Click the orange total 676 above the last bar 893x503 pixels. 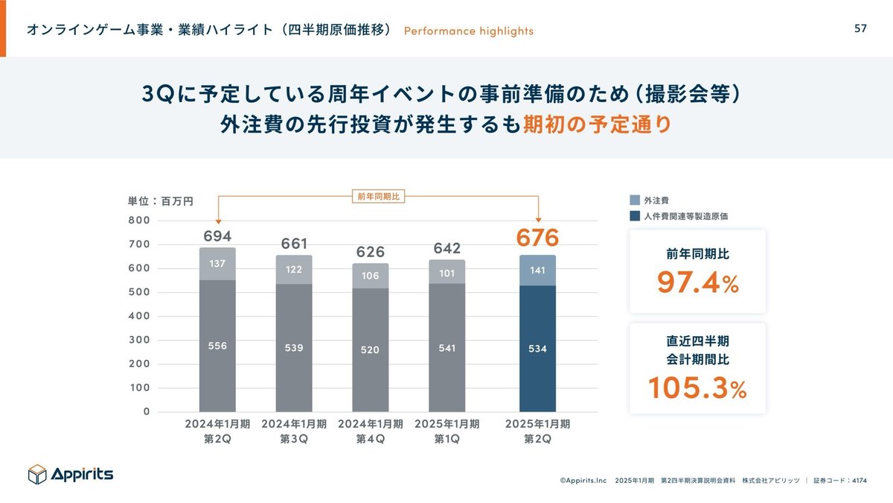click(x=537, y=238)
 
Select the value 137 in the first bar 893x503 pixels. click(x=217, y=264)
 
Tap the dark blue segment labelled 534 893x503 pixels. click(x=537, y=349)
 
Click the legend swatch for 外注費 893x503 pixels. click(x=635, y=200)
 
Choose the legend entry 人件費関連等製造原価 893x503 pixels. click(x=685, y=216)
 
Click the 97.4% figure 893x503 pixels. click(x=697, y=282)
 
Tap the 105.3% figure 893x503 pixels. click(x=697, y=387)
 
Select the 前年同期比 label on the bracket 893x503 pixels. click(x=377, y=197)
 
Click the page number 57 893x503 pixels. click(x=860, y=28)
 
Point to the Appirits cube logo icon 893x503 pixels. click(x=37, y=474)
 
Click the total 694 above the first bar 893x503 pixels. click(x=217, y=237)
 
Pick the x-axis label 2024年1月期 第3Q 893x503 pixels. click(x=294, y=431)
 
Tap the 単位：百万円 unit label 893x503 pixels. click(x=161, y=201)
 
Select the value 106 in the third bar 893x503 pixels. click(x=371, y=275)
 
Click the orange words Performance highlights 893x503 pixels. click(x=468, y=31)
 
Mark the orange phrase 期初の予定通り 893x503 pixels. click(x=597, y=124)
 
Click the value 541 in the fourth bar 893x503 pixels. click(x=446, y=347)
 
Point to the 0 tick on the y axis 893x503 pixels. click(x=147, y=411)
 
